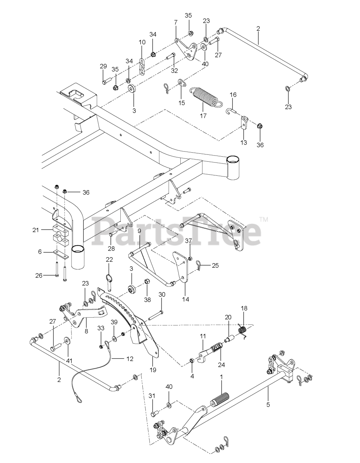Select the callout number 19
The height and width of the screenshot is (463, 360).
[x=153, y=370]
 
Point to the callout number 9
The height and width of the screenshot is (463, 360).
[x=139, y=240]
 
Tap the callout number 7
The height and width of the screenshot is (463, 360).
[x=176, y=22]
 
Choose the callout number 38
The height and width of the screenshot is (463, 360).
[x=147, y=300]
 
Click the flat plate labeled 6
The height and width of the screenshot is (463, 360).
[x=60, y=254]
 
